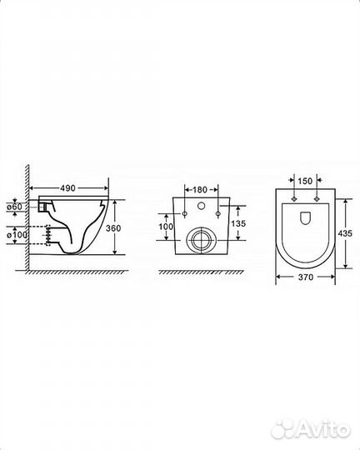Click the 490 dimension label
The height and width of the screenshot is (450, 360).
coord(67,188)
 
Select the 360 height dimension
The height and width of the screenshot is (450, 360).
coord(113,228)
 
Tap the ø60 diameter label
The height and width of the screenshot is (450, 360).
coord(14,207)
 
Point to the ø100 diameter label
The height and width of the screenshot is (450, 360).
coord(17,235)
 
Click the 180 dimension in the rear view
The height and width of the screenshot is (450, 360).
coord(199,190)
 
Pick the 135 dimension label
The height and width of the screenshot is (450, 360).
coord(238,223)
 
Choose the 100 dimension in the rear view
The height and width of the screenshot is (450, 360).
coord(166,227)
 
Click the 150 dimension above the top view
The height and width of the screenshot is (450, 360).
coord(305,181)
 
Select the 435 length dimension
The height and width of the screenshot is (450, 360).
coord(345,233)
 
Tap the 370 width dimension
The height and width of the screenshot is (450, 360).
coord(306,277)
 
